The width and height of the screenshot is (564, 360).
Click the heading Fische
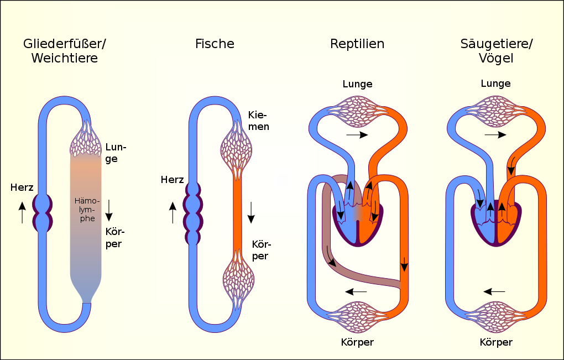click(x=215, y=44)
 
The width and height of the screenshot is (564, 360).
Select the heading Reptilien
click(x=357, y=44)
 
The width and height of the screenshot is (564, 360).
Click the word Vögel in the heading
click(x=496, y=59)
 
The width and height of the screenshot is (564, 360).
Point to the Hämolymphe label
click(x=87, y=210)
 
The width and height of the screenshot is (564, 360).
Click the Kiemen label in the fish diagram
click(x=258, y=121)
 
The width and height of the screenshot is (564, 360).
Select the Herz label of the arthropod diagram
click(x=22, y=187)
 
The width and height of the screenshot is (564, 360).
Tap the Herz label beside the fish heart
click(x=173, y=180)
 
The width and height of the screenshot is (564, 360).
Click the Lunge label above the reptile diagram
click(x=357, y=85)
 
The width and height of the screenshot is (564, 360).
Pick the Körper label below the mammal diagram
click(x=496, y=342)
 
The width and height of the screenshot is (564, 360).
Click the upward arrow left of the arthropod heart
click(x=22, y=212)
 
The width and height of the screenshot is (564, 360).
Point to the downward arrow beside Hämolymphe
click(x=109, y=210)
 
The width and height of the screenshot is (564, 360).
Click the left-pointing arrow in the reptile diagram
click(x=356, y=291)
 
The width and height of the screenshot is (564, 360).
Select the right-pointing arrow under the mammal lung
click(x=495, y=135)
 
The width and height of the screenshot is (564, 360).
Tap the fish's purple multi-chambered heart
click(x=193, y=213)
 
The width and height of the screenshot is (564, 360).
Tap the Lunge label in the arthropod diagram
click(x=116, y=153)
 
